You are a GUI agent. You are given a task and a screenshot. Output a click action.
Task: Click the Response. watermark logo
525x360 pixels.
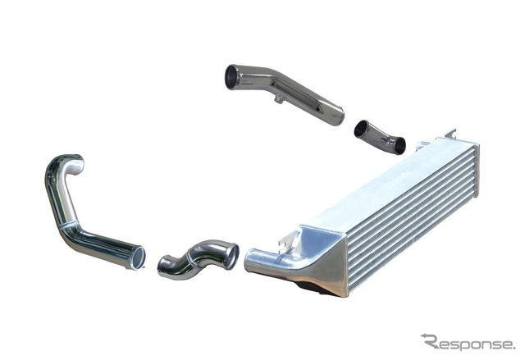[x=468, y=342]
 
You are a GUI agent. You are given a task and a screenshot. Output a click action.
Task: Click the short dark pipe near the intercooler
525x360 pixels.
[x=380, y=137]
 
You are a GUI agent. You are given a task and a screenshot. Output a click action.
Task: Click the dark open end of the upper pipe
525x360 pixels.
[x=231, y=77]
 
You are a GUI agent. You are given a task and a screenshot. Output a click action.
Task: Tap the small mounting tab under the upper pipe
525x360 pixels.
[x=279, y=98]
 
